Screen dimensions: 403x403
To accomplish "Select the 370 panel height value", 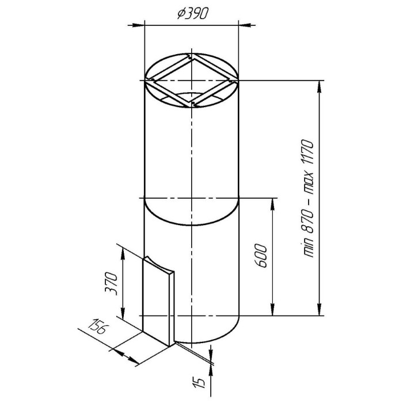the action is coord(111,283).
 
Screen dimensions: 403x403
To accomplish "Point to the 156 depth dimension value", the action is coord(98,326).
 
